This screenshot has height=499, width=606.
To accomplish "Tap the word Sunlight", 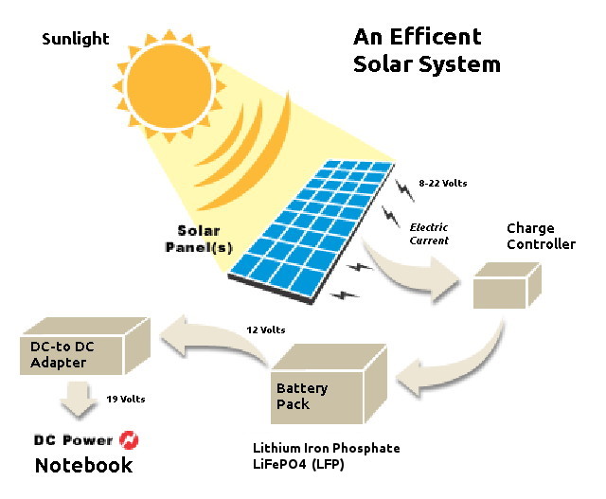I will [76, 40].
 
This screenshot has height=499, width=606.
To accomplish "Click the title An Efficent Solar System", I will [426, 50].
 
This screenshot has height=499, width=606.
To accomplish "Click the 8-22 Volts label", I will [443, 184].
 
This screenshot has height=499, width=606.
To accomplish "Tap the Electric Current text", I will [428, 234].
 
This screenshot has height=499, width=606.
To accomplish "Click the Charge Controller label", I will [541, 237].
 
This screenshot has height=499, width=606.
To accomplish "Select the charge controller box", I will [507, 285].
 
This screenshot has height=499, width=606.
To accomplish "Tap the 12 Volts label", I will [266, 330].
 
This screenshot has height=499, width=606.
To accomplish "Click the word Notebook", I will [83, 466].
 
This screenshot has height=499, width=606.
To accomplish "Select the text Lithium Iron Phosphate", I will [327, 448].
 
